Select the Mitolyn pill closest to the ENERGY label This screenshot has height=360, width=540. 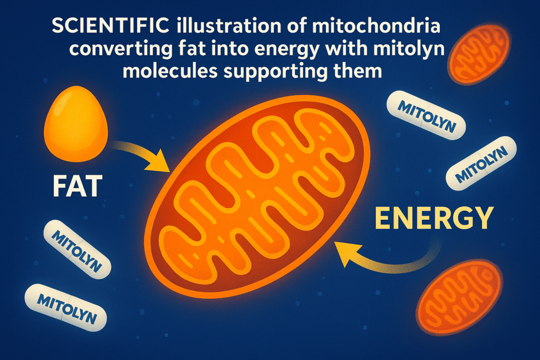480,163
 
